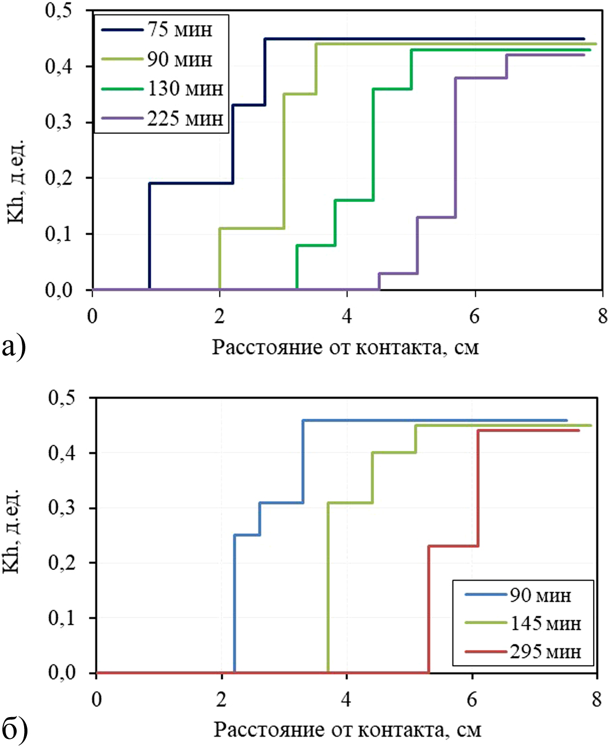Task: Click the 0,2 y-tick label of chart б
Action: click(x=62, y=563)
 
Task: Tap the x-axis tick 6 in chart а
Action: click(x=474, y=316)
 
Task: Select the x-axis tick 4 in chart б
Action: click(x=347, y=699)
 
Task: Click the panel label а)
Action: click(x=14, y=347)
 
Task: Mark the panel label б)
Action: click(x=15, y=729)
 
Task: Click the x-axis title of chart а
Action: click(x=346, y=348)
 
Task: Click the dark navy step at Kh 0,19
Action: click(x=190, y=183)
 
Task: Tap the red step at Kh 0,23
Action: click(x=453, y=546)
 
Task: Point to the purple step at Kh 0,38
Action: click(x=481, y=78)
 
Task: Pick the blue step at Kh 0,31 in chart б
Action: click(x=281, y=503)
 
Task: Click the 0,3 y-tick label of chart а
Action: click(x=59, y=122)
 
